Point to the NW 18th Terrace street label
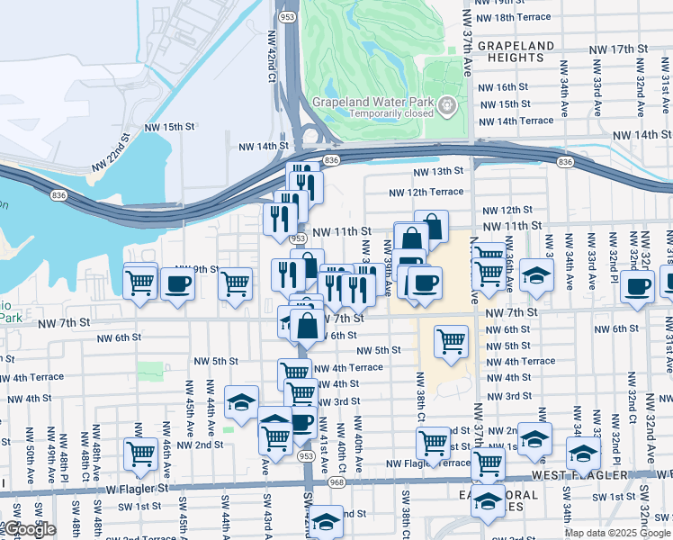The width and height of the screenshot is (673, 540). pyautogui.click(x=516, y=17)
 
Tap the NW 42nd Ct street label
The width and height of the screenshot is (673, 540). pyautogui.click(x=271, y=55)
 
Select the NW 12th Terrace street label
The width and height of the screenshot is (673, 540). pyautogui.click(x=426, y=192)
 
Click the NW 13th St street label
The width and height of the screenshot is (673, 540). pyautogui.click(x=438, y=171)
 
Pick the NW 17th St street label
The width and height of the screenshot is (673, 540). pyautogui.click(x=618, y=49)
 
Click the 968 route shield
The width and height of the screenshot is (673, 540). pyautogui.click(x=336, y=482)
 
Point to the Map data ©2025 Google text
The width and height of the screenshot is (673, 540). pyautogui.click(x=616, y=533)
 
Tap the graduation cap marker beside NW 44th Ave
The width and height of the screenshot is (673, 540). pyautogui.click(x=241, y=402)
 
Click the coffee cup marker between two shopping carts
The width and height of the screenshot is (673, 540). pyautogui.click(x=176, y=283)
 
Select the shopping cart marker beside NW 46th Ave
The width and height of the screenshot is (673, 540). pyautogui.click(x=140, y=454)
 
